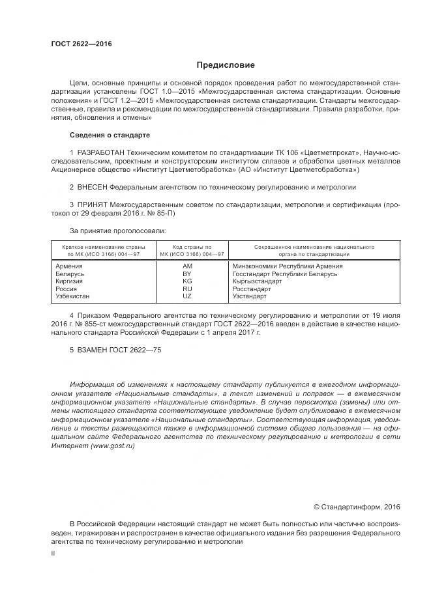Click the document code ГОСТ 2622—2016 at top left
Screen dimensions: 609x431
(x=81, y=44)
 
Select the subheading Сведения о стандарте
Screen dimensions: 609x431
(x=110, y=135)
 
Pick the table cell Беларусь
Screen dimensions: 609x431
(x=70, y=274)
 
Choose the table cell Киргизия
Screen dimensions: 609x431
(x=69, y=281)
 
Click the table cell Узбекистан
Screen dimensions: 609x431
(x=73, y=296)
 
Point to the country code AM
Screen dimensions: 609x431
(x=188, y=266)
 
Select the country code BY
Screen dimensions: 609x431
(x=187, y=274)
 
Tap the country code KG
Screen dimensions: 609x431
(x=187, y=281)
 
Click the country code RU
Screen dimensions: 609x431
(x=187, y=289)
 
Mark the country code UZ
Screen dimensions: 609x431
(x=187, y=296)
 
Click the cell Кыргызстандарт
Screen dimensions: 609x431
(x=257, y=281)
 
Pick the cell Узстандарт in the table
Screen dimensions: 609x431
(x=250, y=296)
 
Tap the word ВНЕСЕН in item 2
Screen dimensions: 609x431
(x=94, y=186)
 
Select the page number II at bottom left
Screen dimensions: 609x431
(x=53, y=552)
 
